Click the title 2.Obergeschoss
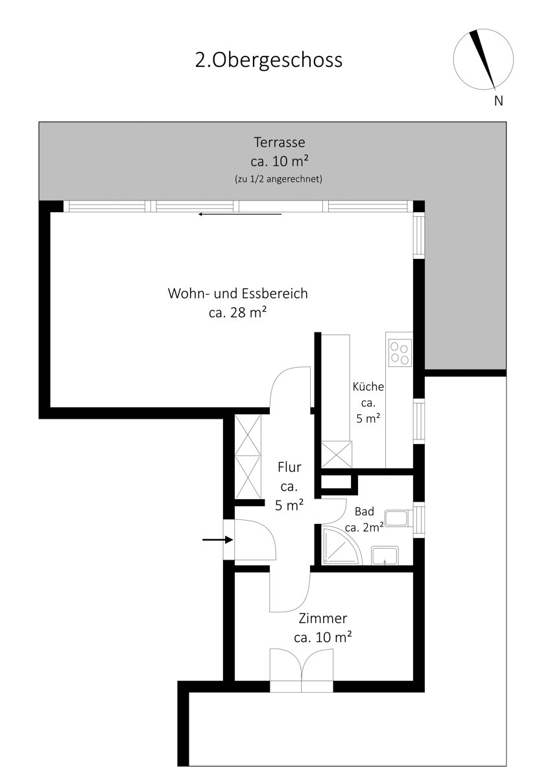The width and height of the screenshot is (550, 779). click(x=269, y=60)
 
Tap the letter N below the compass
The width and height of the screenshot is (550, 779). click(x=499, y=101)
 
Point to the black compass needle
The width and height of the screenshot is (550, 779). click(x=483, y=58)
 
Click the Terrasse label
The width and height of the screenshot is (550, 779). click(x=280, y=142)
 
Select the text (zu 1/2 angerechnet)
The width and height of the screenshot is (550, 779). click(x=278, y=179)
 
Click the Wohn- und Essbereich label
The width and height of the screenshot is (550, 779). click(x=238, y=293)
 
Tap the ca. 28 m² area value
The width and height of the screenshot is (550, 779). click(x=238, y=313)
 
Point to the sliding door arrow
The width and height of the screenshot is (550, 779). click(x=240, y=214)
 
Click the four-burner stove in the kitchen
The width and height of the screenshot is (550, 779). click(x=400, y=353)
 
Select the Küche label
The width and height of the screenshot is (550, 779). click(x=368, y=387)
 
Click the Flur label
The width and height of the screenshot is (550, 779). click(x=289, y=467)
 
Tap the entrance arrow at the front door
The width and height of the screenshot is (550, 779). click(x=217, y=539)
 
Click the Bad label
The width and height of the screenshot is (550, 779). click(x=365, y=512)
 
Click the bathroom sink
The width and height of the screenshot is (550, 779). click(x=385, y=556)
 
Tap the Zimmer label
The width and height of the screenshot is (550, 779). click(x=323, y=619)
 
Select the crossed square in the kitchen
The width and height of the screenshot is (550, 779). click(x=337, y=454)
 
